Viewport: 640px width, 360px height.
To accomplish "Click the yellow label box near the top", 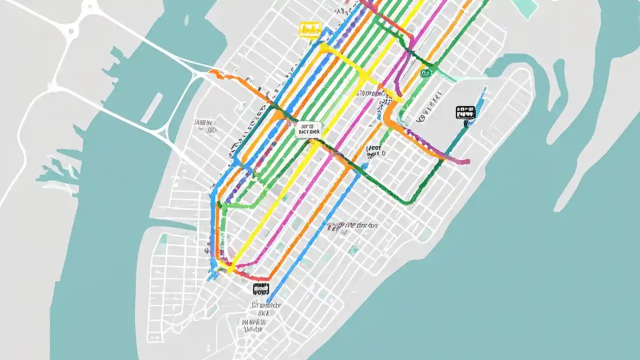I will [310, 29].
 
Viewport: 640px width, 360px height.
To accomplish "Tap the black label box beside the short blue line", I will [465, 112].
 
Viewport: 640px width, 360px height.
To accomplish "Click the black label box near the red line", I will [261, 288].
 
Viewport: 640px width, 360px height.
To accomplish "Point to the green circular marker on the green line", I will [425, 73].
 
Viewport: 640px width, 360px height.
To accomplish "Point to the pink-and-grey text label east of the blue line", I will [352, 226].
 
